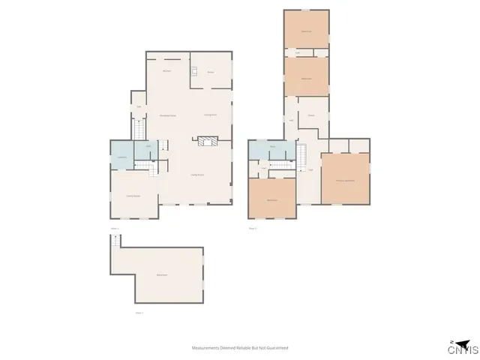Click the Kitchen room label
pos(167,71)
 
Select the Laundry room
pos(122,157)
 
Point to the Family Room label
pos(133,196)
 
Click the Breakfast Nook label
pos(168,115)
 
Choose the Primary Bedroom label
pos(345,181)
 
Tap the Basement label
pos(161,276)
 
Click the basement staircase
pos(115,242)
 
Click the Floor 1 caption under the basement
pos(139,312)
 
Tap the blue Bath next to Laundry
pos(148,147)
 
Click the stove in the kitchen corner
pos(193,72)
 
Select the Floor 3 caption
pos(253,228)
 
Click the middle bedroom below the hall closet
pos(306,77)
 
